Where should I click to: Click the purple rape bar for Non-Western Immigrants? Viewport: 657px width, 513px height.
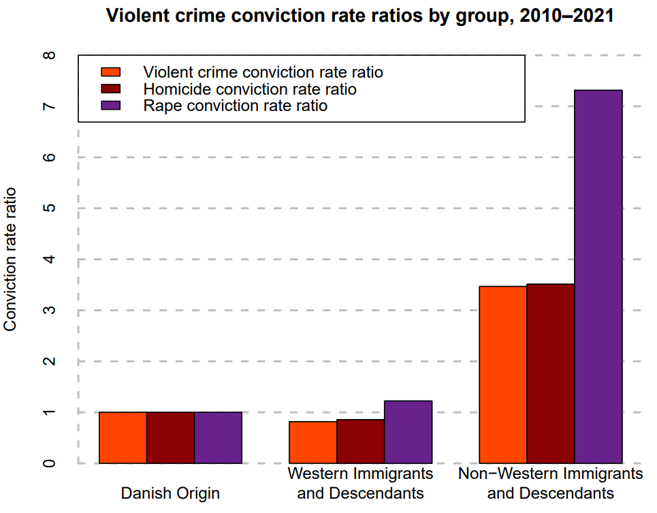pyautogui.click(x=598, y=277)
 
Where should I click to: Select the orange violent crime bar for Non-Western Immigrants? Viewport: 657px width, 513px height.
pyautogui.click(x=503, y=375)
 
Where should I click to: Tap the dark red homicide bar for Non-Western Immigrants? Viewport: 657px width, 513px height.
pyautogui.click(x=551, y=373)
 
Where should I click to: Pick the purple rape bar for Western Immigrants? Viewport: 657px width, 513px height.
pyautogui.click(x=408, y=432)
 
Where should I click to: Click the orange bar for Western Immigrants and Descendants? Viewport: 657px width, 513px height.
pyautogui.click(x=313, y=442)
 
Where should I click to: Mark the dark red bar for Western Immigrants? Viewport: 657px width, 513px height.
pyautogui.click(x=360, y=441)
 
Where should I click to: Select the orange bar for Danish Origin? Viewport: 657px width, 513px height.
pyautogui.click(x=123, y=437)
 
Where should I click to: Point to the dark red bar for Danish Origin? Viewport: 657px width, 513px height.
pyautogui.click(x=170, y=437)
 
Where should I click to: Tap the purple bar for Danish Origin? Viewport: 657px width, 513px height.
pyautogui.click(x=218, y=437)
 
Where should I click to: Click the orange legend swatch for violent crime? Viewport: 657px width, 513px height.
pyautogui.click(x=111, y=72)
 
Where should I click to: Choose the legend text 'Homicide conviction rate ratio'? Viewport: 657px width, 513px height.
pyautogui.click(x=249, y=89)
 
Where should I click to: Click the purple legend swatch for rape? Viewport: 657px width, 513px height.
pyautogui.click(x=111, y=106)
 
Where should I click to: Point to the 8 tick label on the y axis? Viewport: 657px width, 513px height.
pyautogui.click(x=50, y=55)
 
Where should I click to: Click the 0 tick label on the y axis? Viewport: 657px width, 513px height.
pyautogui.click(x=50, y=463)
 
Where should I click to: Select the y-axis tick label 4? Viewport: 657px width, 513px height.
pyautogui.click(x=50, y=260)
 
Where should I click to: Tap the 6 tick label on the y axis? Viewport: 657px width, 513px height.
pyautogui.click(x=50, y=157)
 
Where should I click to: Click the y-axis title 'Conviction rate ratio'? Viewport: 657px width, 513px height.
pyautogui.click(x=11, y=260)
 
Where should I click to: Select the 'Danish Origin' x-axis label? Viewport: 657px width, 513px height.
pyautogui.click(x=170, y=493)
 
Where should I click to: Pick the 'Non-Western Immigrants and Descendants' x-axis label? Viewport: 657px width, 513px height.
pyautogui.click(x=551, y=482)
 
